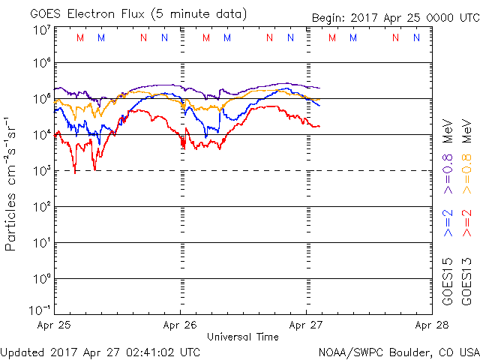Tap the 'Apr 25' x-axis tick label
coord(53,326)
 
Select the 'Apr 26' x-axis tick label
coord(180,326)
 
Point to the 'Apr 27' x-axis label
coord(306,326)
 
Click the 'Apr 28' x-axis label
coord(433,326)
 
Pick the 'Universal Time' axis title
coord(243,337)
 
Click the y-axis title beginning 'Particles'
coord(11,183)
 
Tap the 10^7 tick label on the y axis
coord(41,30)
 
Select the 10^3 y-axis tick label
coord(41,171)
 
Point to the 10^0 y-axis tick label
coord(41,279)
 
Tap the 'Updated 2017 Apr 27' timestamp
coord(100,351)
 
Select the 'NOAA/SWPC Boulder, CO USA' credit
coord(397,351)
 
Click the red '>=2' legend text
coord(466,223)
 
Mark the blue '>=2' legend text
coord(448,223)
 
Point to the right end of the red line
coord(319,126)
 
